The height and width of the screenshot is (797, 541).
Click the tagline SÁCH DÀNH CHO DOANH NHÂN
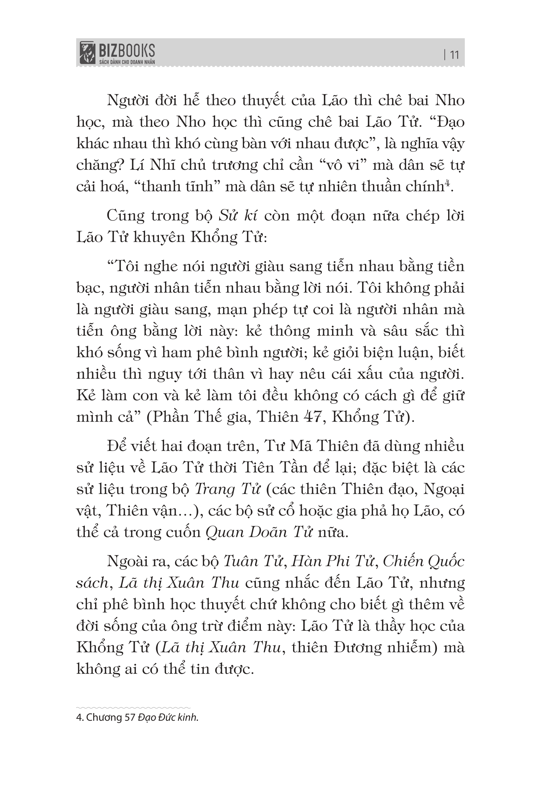127,62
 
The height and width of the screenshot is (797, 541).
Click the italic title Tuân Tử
253,561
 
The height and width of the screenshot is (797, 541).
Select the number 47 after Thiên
314,417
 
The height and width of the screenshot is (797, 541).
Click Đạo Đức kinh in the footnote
168,718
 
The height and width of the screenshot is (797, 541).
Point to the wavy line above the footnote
133,707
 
